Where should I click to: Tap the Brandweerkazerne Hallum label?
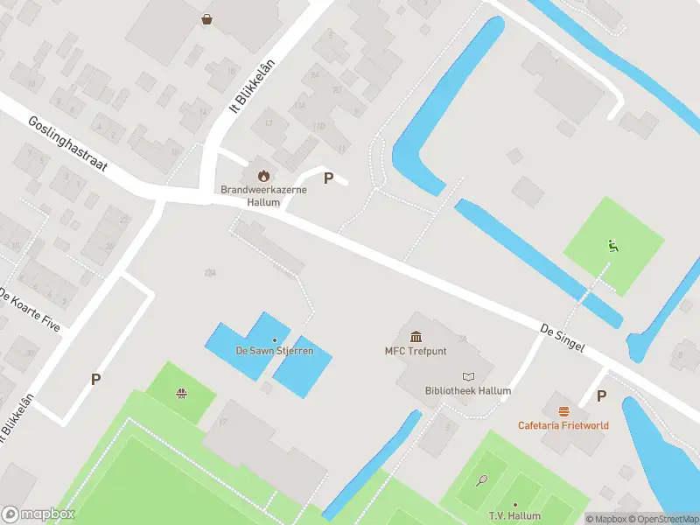[250, 196]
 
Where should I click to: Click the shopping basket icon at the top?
[207, 18]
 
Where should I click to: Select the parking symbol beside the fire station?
[328, 178]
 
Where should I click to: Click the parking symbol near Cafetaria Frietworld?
[601, 395]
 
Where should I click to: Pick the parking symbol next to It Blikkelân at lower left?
[95, 379]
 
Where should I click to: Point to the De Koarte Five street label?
[30, 308]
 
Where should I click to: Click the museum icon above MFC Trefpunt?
[415, 337]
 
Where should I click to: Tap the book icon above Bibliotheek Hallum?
[467, 375]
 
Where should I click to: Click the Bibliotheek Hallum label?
[467, 391]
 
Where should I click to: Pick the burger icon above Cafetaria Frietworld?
[563, 410]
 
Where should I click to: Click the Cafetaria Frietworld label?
[563, 425]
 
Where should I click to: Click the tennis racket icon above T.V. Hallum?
[481, 479]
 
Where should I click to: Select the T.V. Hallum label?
[514, 516]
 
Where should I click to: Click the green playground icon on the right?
[613, 246]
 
